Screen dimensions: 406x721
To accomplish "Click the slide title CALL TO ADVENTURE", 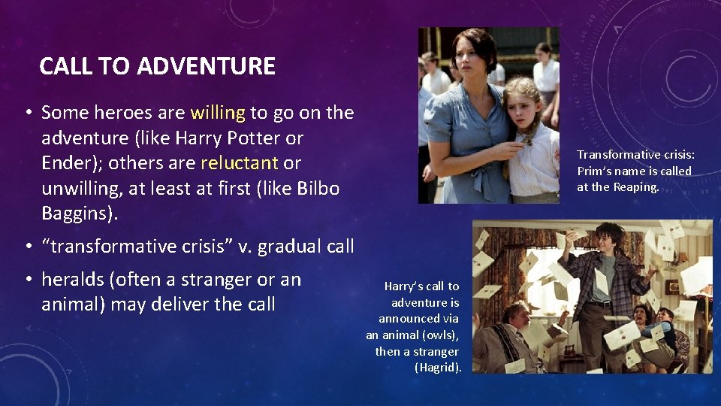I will pyautogui.click(x=157, y=66).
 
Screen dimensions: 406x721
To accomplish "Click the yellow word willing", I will pyautogui.click(x=218, y=113).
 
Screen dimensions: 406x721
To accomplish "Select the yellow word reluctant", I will pyautogui.click(x=239, y=163).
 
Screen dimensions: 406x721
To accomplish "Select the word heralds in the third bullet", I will pyautogui.click(x=74, y=280).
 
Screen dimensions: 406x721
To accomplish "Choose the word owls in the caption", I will pyautogui.click(x=443, y=335).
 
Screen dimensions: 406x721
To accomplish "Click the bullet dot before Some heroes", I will pyautogui.click(x=27, y=114).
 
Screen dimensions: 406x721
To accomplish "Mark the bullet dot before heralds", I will pyautogui.click(x=27, y=280).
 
